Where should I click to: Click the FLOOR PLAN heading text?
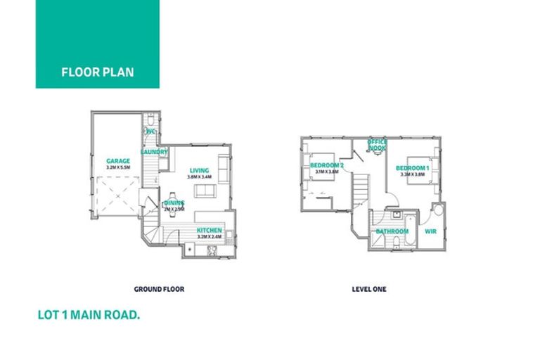pos(97,72)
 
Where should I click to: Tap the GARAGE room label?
pos(118,161)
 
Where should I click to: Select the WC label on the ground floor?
pos(150,132)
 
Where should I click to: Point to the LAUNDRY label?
pos(154,152)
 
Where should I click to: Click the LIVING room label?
pos(200,169)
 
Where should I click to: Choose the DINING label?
pos(174,202)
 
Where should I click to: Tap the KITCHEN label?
pos(210,231)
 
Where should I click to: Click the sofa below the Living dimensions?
pos(204,191)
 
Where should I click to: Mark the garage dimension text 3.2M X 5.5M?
pos(118,168)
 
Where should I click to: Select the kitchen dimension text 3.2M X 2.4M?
pos(210,238)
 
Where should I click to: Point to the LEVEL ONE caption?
pos(368,288)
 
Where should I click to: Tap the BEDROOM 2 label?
pos(326,166)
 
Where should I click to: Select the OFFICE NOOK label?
pos(378,145)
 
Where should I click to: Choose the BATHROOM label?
pos(392,231)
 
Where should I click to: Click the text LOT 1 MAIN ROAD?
pos(89,316)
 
